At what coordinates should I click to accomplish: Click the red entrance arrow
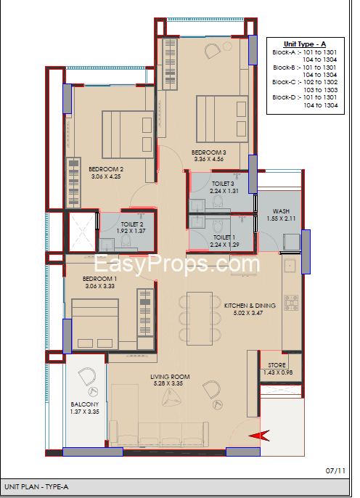click(x=259, y=436)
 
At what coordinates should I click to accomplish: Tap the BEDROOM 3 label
click(x=208, y=152)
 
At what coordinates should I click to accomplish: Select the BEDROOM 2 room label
click(x=106, y=169)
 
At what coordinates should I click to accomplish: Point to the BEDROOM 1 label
click(x=99, y=279)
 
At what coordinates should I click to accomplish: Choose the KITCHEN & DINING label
click(x=250, y=306)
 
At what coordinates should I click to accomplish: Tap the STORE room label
click(x=277, y=365)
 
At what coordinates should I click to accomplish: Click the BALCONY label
click(x=85, y=404)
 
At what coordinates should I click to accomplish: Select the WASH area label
click(x=281, y=211)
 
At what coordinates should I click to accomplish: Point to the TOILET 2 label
click(x=132, y=224)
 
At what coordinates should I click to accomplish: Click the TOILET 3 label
click(x=223, y=184)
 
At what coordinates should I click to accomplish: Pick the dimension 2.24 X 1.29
click(x=224, y=245)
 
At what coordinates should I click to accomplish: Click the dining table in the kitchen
click(x=200, y=318)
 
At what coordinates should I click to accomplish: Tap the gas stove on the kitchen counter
click(x=291, y=303)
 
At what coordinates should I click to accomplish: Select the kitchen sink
click(x=290, y=266)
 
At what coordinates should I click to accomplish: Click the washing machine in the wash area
click(x=292, y=242)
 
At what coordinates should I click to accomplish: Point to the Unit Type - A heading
click(x=305, y=44)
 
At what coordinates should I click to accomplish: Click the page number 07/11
click(x=335, y=470)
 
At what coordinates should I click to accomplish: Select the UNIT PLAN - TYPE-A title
click(x=36, y=487)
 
